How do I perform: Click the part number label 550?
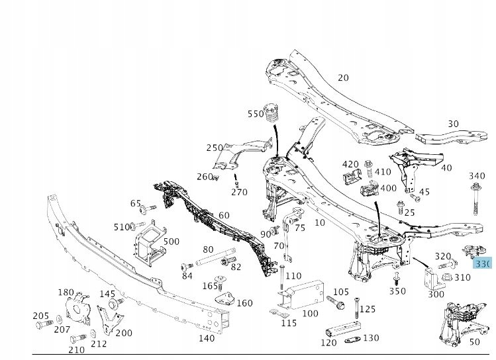(256, 114)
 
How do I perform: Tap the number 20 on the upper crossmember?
(342, 77)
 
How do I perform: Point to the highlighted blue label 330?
(483, 263)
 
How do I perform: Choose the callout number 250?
(215, 148)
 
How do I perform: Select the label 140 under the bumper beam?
(207, 338)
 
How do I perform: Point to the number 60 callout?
(224, 215)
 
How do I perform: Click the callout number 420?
(350, 164)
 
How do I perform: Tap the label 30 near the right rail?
(453, 124)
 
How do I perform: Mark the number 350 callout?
(397, 291)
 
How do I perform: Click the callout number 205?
(41, 316)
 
